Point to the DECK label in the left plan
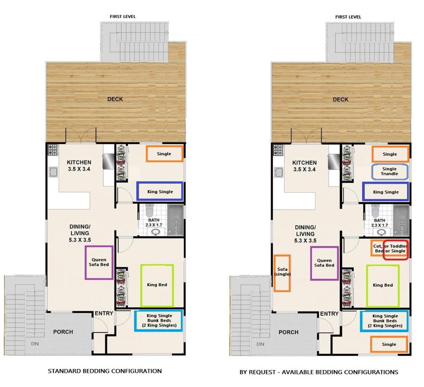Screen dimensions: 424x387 click(115, 99)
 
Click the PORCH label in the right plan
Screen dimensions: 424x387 click(288, 332)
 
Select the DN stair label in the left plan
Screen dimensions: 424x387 click(35, 344)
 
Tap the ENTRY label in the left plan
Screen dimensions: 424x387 click(104, 313)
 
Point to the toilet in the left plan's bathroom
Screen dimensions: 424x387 click(149, 210)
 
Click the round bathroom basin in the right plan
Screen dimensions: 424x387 click(382, 232)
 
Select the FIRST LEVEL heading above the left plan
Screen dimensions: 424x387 click(123, 17)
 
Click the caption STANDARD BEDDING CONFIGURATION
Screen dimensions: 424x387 click(105, 371)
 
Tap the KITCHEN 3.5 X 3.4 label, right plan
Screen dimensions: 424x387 click(305, 166)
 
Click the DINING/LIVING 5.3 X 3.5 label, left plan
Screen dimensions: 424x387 click(80, 233)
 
